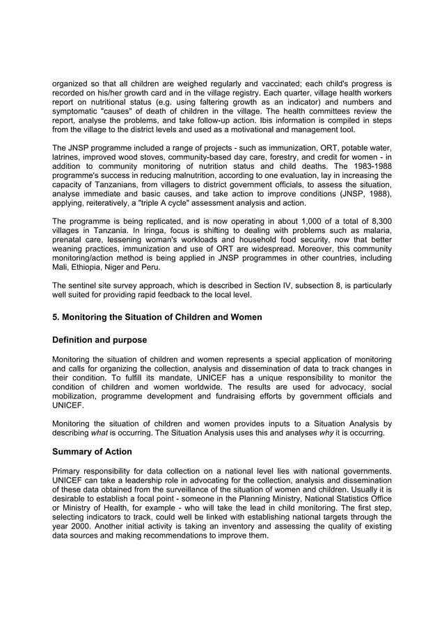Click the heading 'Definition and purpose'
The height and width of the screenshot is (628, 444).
point(100,340)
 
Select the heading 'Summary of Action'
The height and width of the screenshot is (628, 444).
point(92,451)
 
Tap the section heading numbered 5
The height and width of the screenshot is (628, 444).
point(157,317)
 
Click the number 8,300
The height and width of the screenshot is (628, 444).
point(378,221)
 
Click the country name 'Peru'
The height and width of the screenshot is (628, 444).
point(150,267)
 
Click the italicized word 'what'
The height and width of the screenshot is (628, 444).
point(100,433)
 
